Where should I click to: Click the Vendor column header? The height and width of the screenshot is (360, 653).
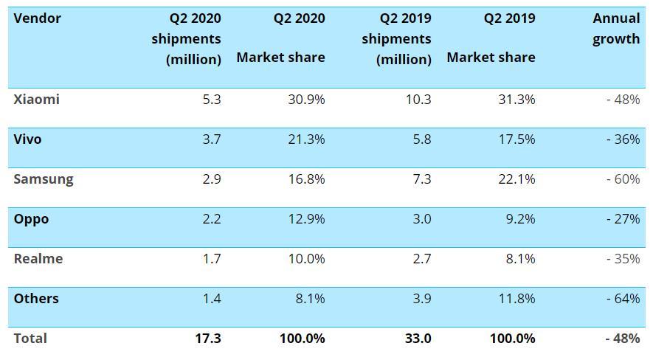[x=37, y=18]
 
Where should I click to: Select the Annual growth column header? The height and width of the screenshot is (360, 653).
[x=616, y=29]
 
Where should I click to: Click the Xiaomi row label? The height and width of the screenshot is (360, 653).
[x=36, y=100]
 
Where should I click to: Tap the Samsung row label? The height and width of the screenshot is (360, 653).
[x=44, y=179]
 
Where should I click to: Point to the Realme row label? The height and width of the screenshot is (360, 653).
[x=38, y=259]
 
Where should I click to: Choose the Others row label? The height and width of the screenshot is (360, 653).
[x=36, y=299]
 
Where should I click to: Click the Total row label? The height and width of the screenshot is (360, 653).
[x=30, y=339]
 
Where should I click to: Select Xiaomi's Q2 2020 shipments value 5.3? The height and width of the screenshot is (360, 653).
[x=211, y=100]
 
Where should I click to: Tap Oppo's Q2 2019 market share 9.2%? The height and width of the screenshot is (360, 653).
[x=520, y=219]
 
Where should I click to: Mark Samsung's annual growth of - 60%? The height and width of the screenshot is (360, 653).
[x=623, y=179]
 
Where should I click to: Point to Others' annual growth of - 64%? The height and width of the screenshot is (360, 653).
[x=623, y=299]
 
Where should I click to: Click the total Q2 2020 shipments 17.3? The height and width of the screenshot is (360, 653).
[x=208, y=339]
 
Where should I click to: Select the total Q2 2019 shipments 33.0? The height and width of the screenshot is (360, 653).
[x=418, y=339]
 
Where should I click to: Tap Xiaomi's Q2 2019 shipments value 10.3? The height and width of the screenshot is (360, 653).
[x=418, y=100]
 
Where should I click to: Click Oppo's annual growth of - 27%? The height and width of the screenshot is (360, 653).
[x=623, y=219]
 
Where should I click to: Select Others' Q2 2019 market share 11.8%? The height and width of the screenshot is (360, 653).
[x=516, y=299]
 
